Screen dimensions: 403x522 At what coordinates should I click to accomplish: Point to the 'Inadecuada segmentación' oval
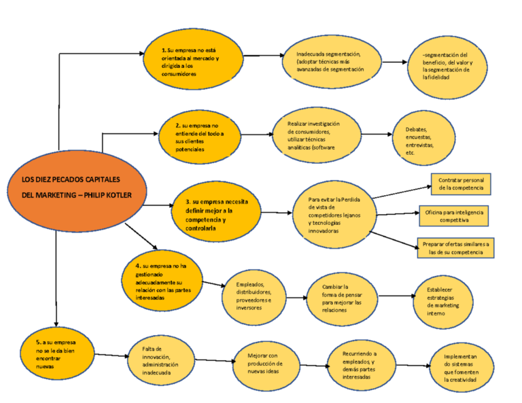click(332, 63)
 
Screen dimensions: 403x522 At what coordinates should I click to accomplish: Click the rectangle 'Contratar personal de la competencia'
click(461, 182)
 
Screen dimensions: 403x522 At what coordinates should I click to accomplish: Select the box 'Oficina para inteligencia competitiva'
click(453, 215)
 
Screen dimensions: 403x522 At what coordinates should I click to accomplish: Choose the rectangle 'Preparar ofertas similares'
click(455, 247)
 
